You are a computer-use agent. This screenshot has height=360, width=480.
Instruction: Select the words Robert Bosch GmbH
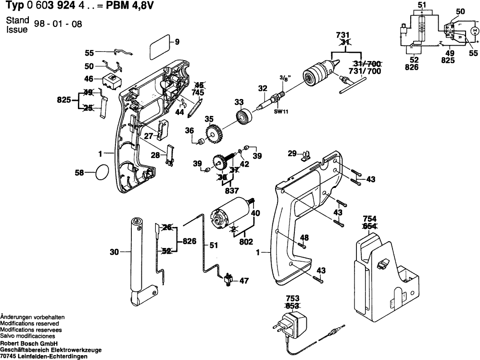pyautogui.click(x=29, y=343)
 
